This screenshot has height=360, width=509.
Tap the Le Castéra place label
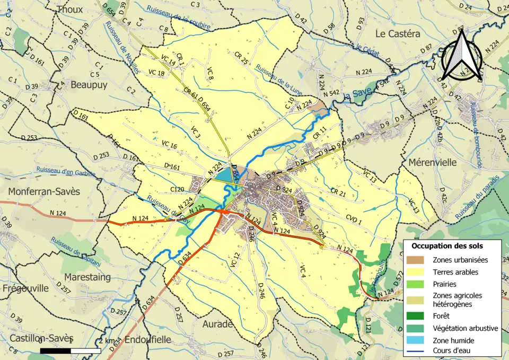pos(398,33)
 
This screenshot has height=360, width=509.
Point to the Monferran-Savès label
pos(43,191)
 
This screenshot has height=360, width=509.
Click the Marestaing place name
pos(87,277)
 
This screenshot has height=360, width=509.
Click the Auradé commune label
pos(218,323)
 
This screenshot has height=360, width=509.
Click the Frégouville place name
pos(25,288)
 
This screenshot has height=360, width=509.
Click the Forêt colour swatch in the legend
pos(418,316)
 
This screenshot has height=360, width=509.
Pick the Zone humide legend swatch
pos(418,340)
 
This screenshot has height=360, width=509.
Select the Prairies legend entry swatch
pos(418,284)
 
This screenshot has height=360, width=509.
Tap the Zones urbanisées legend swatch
pos(418,260)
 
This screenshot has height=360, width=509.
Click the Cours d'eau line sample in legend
pos(418,350)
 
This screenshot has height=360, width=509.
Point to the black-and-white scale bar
pos(70,350)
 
